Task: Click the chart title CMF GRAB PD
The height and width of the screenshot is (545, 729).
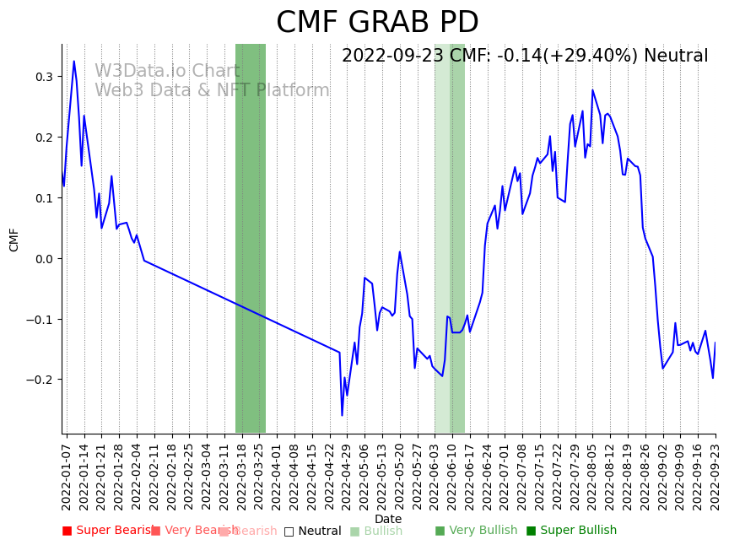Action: click(377, 23)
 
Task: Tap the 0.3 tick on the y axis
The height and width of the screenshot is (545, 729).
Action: click(42, 77)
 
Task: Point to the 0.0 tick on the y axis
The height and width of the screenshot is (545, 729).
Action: click(42, 259)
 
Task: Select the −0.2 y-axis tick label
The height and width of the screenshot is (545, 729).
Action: click(39, 380)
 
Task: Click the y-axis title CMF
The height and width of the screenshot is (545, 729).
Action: click(14, 240)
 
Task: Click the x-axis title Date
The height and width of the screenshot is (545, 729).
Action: click(388, 520)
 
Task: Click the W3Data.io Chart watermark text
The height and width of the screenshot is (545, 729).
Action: click(167, 72)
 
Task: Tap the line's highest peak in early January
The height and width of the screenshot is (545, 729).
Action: click(73, 61)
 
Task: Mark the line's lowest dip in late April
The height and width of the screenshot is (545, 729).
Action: click(342, 415)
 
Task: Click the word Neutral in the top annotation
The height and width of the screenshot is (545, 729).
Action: click(676, 57)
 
